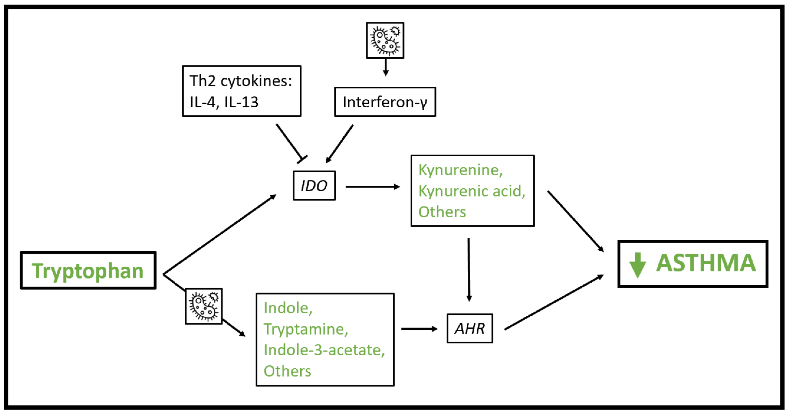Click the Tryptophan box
pyautogui.click(x=88, y=270)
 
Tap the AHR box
pyautogui.click(x=469, y=328)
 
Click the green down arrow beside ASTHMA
pyautogui.click(x=637, y=265)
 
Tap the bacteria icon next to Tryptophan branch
pyautogui.click(x=204, y=306)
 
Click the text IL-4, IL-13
pyautogui.click(x=224, y=102)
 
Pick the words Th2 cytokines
pyautogui.click(x=241, y=81)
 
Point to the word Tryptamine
pyautogui.click(x=306, y=329)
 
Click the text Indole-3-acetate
pyautogui.click(x=324, y=350)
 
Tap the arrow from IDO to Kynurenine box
pyautogui.click(x=372, y=187)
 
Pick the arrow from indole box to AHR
pyautogui.click(x=419, y=329)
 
